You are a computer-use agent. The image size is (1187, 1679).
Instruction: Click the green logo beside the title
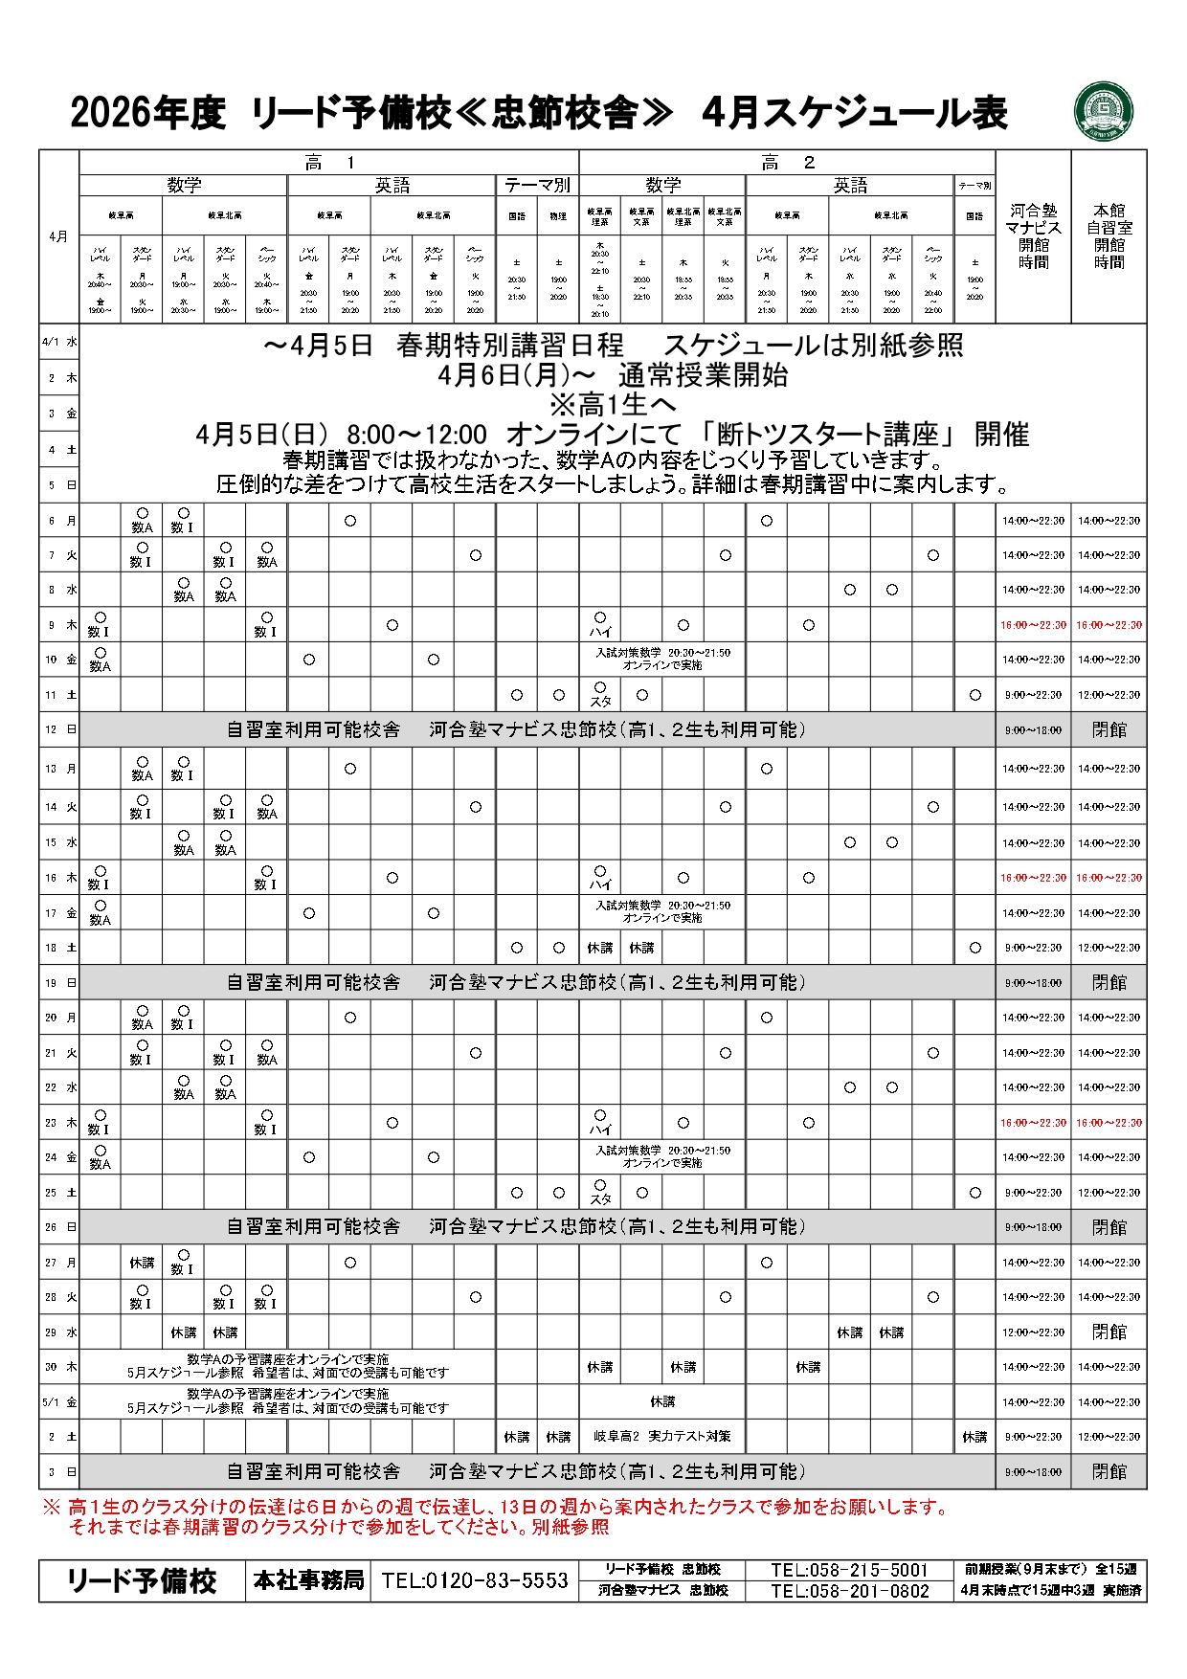pos(1104,111)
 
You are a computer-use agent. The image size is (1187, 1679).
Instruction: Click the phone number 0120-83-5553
pos(475,1580)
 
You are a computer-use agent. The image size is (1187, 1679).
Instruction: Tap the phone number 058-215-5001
pos(850,1570)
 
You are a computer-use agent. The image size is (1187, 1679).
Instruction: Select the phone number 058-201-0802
pos(850,1591)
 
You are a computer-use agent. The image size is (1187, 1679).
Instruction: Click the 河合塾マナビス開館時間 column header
pos(1033,235)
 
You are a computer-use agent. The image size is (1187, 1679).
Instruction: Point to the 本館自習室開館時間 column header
pos(1109,235)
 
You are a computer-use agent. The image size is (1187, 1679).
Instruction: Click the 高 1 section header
pos(328,163)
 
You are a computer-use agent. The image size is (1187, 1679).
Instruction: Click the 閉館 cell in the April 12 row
pos(1109,729)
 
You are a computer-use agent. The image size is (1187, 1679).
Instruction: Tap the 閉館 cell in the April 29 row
pos(1109,1332)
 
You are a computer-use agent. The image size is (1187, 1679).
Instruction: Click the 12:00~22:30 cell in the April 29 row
pos(1033,1332)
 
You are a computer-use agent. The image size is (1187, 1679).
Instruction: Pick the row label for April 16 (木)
pos(59,878)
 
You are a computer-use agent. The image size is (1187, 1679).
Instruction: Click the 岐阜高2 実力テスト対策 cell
pos(662,1437)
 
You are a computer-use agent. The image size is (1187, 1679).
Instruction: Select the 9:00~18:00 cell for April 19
pos(1033,983)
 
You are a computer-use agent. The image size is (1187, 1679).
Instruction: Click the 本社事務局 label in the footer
pos(308,1580)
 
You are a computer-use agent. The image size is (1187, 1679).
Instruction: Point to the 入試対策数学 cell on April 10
pos(662,659)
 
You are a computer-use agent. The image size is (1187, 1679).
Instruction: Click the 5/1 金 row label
pos(59,1402)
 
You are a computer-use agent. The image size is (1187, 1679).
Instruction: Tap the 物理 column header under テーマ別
pos(558,216)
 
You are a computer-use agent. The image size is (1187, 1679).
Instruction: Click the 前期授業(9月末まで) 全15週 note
pos(1052,1570)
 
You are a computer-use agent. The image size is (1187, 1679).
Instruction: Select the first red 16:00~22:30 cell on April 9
pos(1033,625)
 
